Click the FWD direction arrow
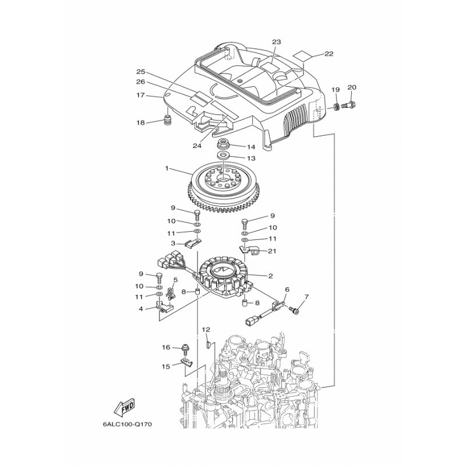click(x=124, y=406)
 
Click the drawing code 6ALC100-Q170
click(x=127, y=424)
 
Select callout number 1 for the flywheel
click(x=167, y=168)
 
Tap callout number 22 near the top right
click(x=329, y=54)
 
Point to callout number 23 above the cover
click(x=276, y=42)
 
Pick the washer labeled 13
click(x=223, y=154)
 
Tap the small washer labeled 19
click(x=337, y=106)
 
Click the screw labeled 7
click(x=295, y=310)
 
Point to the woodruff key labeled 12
click(x=209, y=345)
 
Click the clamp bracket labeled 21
click(x=249, y=249)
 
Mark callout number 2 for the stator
click(x=270, y=276)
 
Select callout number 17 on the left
click(x=140, y=95)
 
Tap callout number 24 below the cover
click(x=197, y=146)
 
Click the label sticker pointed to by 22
click(x=302, y=56)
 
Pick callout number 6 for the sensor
click(x=287, y=289)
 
